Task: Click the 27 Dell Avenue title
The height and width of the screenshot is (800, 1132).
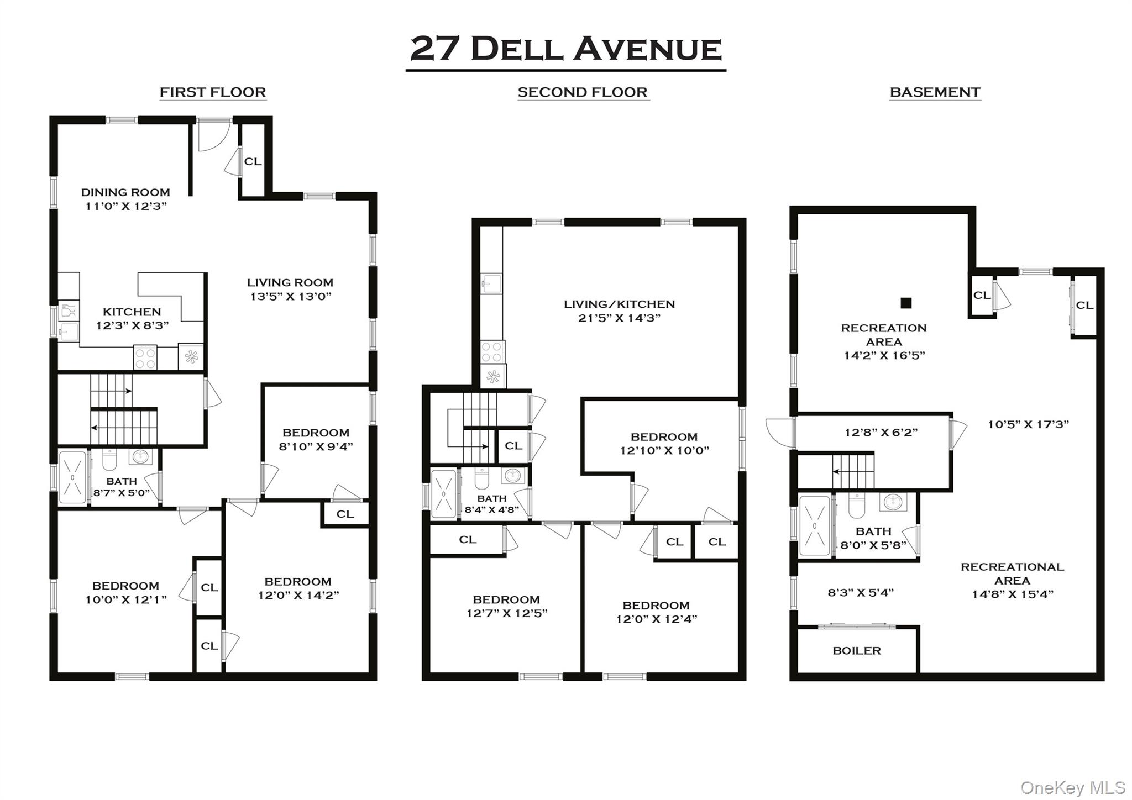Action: (x=565, y=49)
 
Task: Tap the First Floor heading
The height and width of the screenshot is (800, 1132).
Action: (x=213, y=92)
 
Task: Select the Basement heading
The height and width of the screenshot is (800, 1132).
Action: (x=935, y=92)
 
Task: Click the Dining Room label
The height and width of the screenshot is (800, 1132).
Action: (x=125, y=192)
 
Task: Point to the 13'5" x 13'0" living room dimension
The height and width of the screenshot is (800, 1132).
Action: (x=291, y=296)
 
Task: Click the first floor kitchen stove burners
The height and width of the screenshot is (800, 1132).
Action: (x=145, y=357)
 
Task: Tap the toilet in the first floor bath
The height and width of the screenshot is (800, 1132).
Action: (x=110, y=460)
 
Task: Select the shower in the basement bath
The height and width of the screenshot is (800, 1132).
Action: (x=815, y=525)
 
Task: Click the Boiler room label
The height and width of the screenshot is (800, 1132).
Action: (x=856, y=651)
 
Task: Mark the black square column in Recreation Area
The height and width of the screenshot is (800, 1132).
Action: (x=905, y=303)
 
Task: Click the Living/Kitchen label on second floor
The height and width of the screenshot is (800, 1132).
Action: (x=619, y=304)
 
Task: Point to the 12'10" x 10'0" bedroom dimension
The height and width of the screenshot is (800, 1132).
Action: (x=664, y=450)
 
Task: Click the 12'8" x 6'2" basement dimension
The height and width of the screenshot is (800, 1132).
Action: (x=881, y=433)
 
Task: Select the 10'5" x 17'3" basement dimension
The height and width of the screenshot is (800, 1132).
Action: (x=1028, y=424)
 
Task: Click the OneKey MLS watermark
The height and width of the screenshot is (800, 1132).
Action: (x=1072, y=787)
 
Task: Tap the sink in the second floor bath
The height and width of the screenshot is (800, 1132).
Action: (x=513, y=475)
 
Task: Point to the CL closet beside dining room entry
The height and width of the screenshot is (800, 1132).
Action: (x=253, y=161)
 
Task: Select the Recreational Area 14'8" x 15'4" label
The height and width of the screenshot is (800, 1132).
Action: (x=1012, y=580)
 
